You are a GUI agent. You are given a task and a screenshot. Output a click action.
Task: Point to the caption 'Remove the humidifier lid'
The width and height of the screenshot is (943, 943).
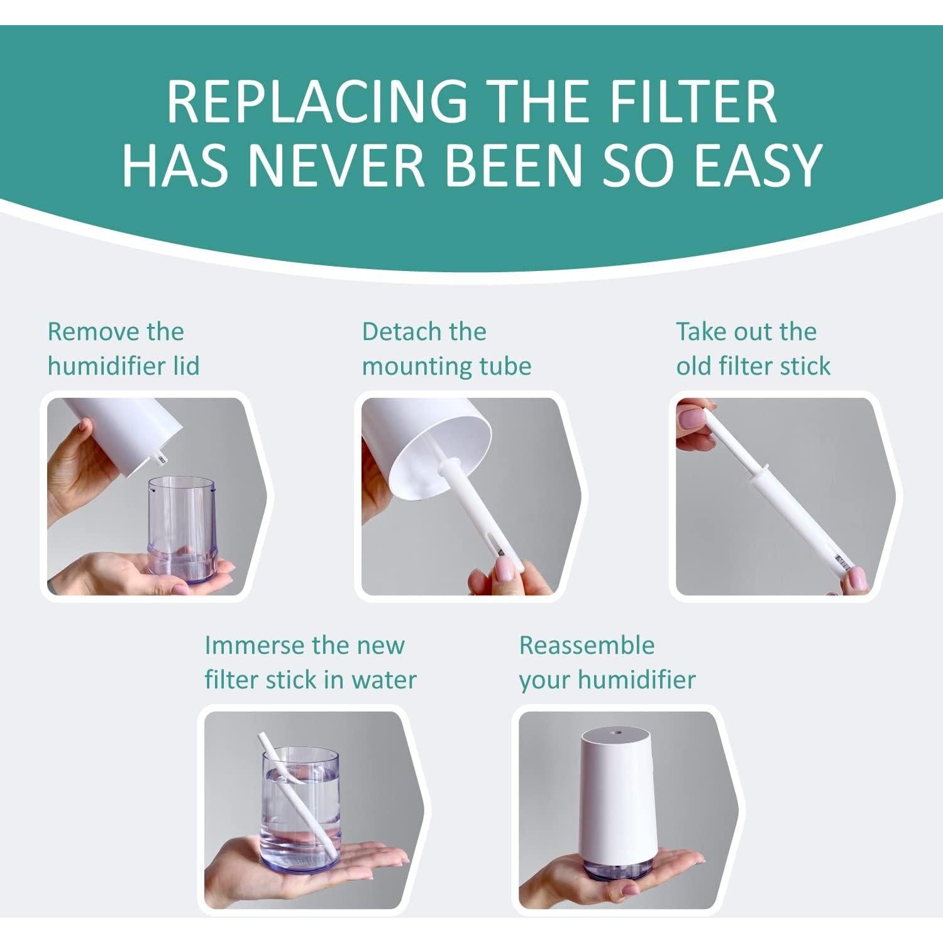[x=123, y=349]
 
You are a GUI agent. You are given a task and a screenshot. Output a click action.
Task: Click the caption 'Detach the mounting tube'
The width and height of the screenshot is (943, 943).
[x=446, y=349]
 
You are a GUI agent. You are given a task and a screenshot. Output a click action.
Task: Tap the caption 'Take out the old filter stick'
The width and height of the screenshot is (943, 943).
[x=753, y=349]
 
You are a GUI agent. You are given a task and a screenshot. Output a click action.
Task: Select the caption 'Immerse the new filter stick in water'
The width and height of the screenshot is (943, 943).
[x=310, y=663]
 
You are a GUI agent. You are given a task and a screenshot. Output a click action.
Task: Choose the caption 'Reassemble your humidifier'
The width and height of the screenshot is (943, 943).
[x=607, y=663]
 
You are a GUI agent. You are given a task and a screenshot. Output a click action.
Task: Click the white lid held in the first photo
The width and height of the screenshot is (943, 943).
[x=126, y=434]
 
